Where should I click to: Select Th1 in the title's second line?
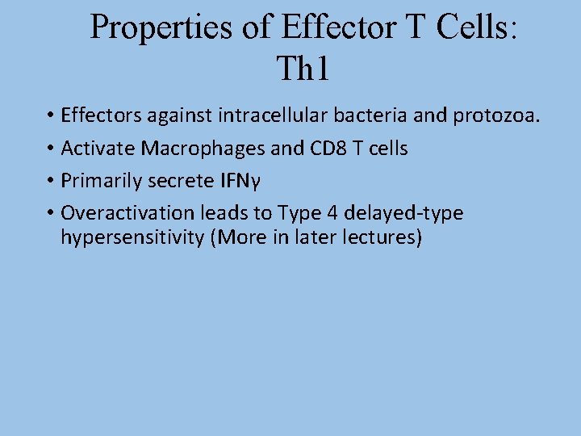click(x=303, y=69)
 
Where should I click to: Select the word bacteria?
click(x=378, y=116)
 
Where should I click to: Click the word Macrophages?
click(x=188, y=149)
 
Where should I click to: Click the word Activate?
click(x=94, y=149)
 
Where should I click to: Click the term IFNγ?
click(x=236, y=181)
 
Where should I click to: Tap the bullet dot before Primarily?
click(x=50, y=182)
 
